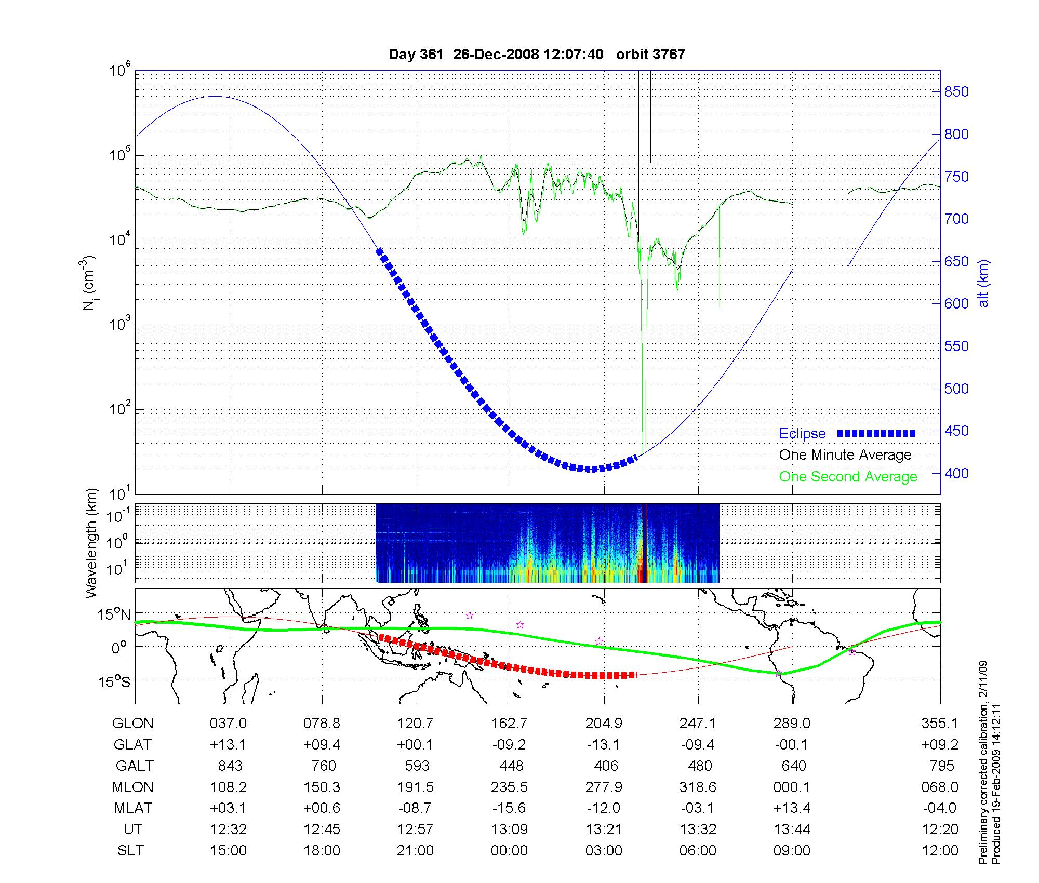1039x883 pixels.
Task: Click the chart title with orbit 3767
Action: click(x=537, y=55)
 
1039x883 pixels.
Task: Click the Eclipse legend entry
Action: click(x=802, y=434)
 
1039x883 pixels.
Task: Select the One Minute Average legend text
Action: click(x=845, y=455)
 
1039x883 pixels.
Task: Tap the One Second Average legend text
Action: click(x=848, y=477)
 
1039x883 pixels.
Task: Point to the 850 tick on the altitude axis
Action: click(x=956, y=92)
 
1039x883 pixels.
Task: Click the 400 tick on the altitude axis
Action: click(x=956, y=473)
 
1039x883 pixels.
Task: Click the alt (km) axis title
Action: click(x=983, y=283)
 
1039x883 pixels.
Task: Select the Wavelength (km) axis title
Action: click(x=91, y=543)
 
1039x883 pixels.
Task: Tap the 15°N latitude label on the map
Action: click(x=115, y=614)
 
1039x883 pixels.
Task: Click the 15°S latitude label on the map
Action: click(x=115, y=681)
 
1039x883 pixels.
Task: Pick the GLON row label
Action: click(x=133, y=724)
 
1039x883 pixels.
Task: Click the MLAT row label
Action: click(x=133, y=808)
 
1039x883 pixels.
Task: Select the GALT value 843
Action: click(x=230, y=766)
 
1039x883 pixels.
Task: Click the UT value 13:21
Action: click(x=604, y=830)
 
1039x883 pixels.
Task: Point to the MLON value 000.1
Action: click(x=791, y=787)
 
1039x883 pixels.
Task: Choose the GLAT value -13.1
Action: click(x=604, y=745)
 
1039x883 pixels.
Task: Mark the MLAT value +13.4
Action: click(x=791, y=808)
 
